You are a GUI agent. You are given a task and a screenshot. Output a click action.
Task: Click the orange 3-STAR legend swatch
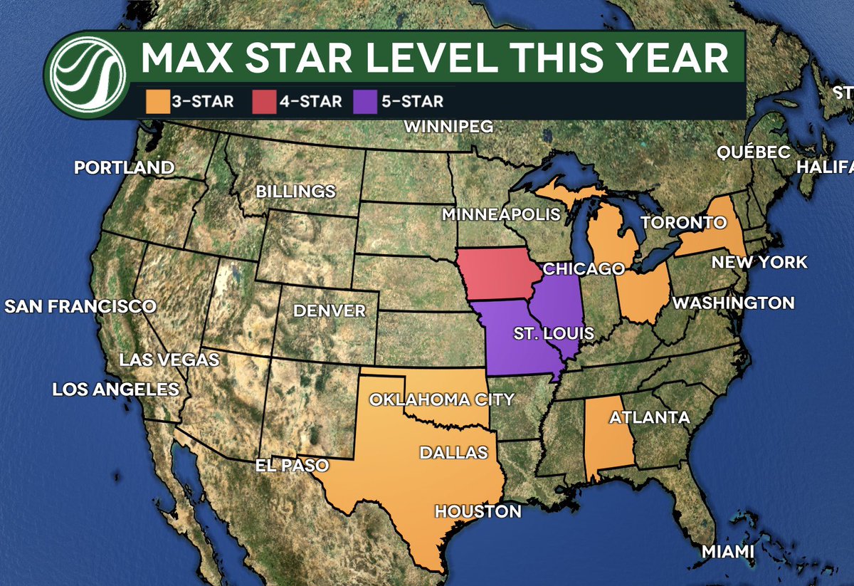[160, 101]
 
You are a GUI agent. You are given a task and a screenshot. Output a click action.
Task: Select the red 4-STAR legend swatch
[263, 101]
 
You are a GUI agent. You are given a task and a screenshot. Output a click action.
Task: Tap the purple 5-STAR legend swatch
[365, 101]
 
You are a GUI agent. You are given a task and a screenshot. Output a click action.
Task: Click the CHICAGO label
[583, 269]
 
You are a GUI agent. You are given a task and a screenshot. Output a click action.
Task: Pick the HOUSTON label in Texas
[478, 511]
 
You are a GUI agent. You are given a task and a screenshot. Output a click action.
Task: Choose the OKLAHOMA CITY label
[441, 399]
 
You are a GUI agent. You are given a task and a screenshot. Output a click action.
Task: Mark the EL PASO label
[292, 466]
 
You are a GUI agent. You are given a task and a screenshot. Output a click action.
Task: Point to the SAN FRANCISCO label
[80, 307]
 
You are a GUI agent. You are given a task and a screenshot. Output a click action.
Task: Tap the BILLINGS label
[295, 192]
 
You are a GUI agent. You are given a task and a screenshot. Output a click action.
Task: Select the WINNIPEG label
[448, 127]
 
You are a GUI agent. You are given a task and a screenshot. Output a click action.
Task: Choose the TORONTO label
[683, 223]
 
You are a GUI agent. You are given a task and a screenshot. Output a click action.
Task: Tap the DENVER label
[329, 310]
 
